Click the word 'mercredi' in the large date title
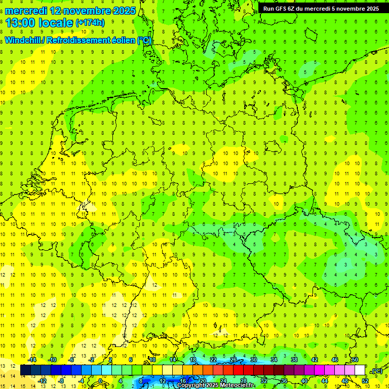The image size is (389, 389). coord(26,10)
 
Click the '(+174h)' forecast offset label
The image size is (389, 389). coord(90,23)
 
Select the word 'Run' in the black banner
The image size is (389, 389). coord(269,9)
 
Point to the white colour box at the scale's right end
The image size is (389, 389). coord(360,370)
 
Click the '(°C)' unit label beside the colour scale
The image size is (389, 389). coord(377,371)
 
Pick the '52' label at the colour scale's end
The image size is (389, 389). coord(365,381)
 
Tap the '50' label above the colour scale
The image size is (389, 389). coord(355,360)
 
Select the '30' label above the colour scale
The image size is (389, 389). coord(254,360)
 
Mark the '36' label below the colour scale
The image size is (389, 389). coord(284,381)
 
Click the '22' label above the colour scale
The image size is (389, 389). coord(213,360)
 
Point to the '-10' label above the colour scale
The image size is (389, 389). coord(52,360)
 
